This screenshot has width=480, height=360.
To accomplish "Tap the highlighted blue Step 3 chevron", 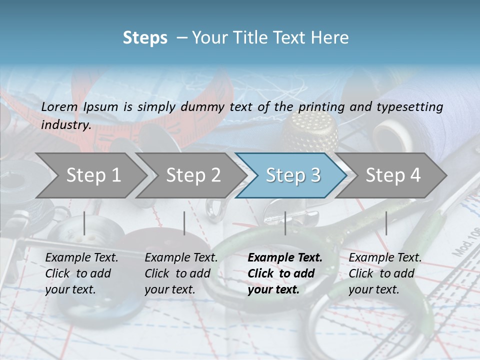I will tap(292, 175).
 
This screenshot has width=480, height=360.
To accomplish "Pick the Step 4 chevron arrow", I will tap(392, 175).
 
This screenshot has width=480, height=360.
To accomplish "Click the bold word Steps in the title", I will tap(145, 37).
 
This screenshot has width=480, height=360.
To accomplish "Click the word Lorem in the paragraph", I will tap(59, 106).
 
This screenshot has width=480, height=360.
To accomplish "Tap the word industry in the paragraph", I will tap(65, 124).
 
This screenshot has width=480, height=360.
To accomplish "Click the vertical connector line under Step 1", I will tap(84, 223).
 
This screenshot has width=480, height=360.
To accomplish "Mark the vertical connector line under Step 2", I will tap(184, 223).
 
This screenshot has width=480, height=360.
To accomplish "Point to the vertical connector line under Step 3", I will tap(285, 223).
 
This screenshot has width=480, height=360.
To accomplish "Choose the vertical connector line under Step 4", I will tap(386, 223).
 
